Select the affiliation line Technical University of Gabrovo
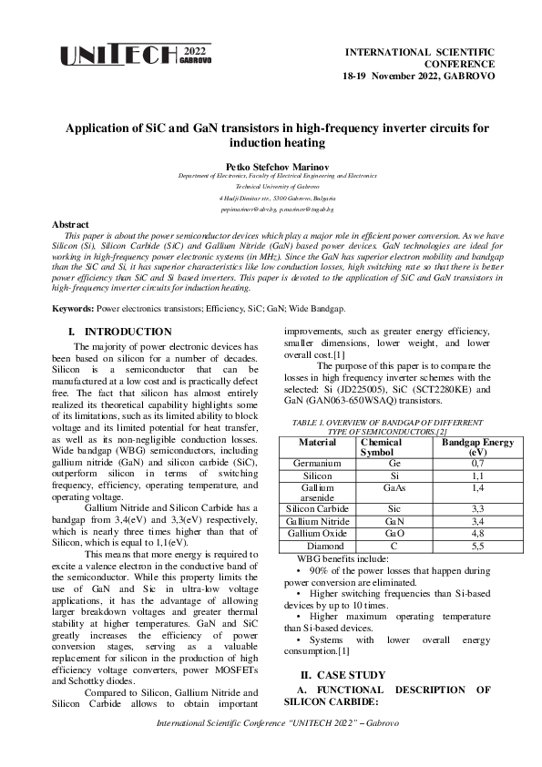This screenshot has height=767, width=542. tap(271, 185)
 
